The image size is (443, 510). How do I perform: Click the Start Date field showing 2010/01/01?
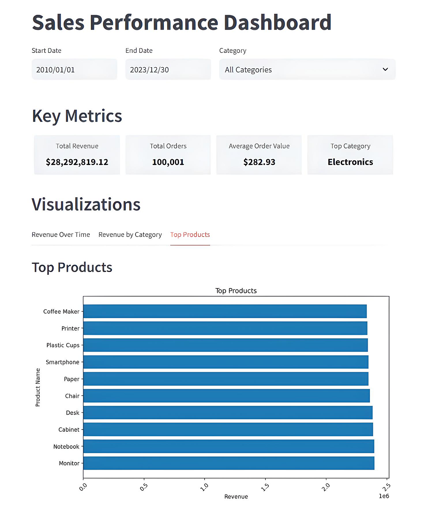click(x=74, y=69)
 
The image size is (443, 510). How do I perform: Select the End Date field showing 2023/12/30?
click(x=168, y=69)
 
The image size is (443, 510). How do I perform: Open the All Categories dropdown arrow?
click(x=385, y=69)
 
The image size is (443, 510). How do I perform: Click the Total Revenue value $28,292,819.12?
click(x=77, y=162)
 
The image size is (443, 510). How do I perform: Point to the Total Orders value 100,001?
click(x=168, y=162)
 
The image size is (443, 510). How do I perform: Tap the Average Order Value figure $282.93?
click(x=259, y=162)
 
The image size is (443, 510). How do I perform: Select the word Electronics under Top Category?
click(x=350, y=162)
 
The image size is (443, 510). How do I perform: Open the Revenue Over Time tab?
click(x=61, y=235)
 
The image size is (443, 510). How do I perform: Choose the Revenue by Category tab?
click(x=130, y=235)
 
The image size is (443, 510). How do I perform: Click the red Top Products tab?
click(x=190, y=235)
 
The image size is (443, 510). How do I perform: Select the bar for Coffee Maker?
click(x=224, y=311)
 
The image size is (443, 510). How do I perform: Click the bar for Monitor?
click(x=229, y=463)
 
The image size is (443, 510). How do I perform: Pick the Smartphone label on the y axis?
click(x=62, y=362)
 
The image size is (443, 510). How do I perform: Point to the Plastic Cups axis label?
click(x=63, y=345)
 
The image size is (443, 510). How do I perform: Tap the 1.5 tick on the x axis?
click(x=265, y=487)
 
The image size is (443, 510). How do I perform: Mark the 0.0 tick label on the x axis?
click(x=83, y=487)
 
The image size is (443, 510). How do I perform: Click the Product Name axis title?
click(x=38, y=387)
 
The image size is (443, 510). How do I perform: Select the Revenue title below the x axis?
click(x=236, y=497)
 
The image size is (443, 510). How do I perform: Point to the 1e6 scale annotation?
click(x=384, y=496)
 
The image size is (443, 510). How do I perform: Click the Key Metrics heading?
click(x=77, y=116)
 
